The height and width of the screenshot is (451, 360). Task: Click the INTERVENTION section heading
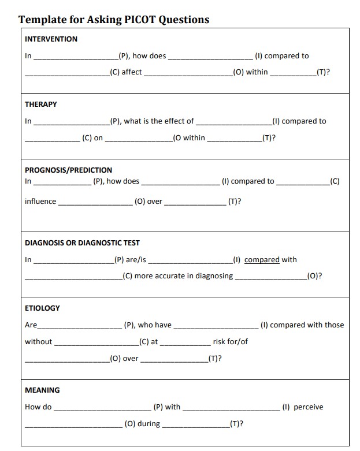coord(51,39)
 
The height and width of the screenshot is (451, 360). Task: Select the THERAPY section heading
coord(41,105)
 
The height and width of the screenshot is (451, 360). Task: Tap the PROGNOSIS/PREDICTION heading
coord(68,170)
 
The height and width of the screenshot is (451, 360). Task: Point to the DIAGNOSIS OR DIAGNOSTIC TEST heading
coord(82,243)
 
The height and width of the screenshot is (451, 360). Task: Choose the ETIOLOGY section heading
coord(42,308)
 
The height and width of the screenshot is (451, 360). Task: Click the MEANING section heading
coord(42,390)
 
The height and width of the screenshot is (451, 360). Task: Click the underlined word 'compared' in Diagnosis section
coord(262,260)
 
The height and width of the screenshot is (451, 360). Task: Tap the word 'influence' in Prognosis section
coord(40,202)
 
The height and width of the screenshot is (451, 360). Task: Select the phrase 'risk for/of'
coord(230,341)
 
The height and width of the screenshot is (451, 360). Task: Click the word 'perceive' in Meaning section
coord(309,407)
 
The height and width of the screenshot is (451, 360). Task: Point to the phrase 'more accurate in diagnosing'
coord(184,276)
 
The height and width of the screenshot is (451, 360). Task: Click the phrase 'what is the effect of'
coord(159,121)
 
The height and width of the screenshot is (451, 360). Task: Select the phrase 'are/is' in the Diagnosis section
coord(136,260)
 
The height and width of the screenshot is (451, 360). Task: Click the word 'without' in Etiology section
coord(38,341)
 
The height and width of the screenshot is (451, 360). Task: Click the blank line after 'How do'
coord(102,408)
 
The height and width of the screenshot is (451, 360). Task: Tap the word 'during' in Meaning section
coord(149,424)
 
